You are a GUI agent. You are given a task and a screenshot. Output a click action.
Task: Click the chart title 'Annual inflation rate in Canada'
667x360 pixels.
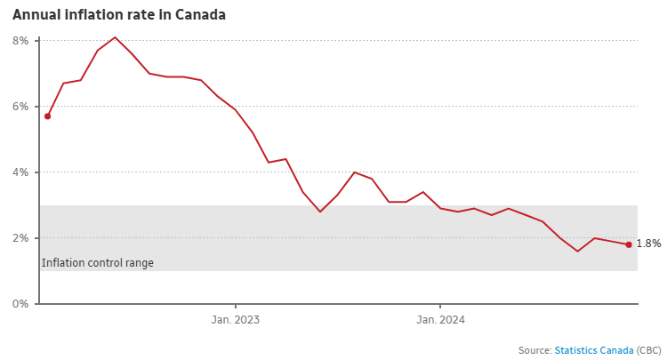pyautogui.click(x=119, y=15)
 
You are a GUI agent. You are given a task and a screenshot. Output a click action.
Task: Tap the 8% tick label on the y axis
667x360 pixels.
pyautogui.click(x=20, y=41)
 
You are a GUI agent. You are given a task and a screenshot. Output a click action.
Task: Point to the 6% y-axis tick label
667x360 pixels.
pyautogui.click(x=20, y=107)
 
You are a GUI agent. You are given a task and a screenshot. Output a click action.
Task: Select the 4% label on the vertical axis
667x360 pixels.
pyautogui.click(x=20, y=172)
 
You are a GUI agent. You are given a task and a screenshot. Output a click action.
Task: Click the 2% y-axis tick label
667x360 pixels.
pyautogui.click(x=20, y=238)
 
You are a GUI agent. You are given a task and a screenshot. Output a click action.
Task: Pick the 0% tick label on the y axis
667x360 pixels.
pyautogui.click(x=20, y=304)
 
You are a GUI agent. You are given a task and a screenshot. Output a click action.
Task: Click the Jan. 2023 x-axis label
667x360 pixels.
pyautogui.click(x=235, y=320)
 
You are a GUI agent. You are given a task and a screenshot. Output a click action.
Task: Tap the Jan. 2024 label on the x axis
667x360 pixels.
pyautogui.click(x=440, y=320)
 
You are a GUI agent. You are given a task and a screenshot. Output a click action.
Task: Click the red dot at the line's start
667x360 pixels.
pyautogui.click(x=47, y=116)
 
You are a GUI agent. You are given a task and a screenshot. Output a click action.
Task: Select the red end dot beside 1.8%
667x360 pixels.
pyautogui.click(x=629, y=244)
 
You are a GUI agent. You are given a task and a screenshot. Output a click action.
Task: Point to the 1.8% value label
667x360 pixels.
pyautogui.click(x=648, y=244)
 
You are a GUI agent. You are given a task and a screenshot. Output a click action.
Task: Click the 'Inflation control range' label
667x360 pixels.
pyautogui.click(x=98, y=263)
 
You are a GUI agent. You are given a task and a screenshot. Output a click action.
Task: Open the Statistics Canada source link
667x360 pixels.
pyautogui.click(x=594, y=350)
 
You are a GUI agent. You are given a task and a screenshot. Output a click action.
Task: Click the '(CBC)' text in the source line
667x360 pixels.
pyautogui.click(x=649, y=350)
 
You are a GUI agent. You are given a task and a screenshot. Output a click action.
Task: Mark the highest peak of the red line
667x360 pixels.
pyautogui.click(x=115, y=37)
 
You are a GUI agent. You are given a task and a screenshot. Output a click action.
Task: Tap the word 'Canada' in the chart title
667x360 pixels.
pyautogui.click(x=201, y=15)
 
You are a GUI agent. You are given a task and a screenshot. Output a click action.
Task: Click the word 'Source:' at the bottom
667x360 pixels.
pyautogui.click(x=534, y=350)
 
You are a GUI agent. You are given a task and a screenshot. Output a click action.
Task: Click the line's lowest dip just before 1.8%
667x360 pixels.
pyautogui.click(x=577, y=252)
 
